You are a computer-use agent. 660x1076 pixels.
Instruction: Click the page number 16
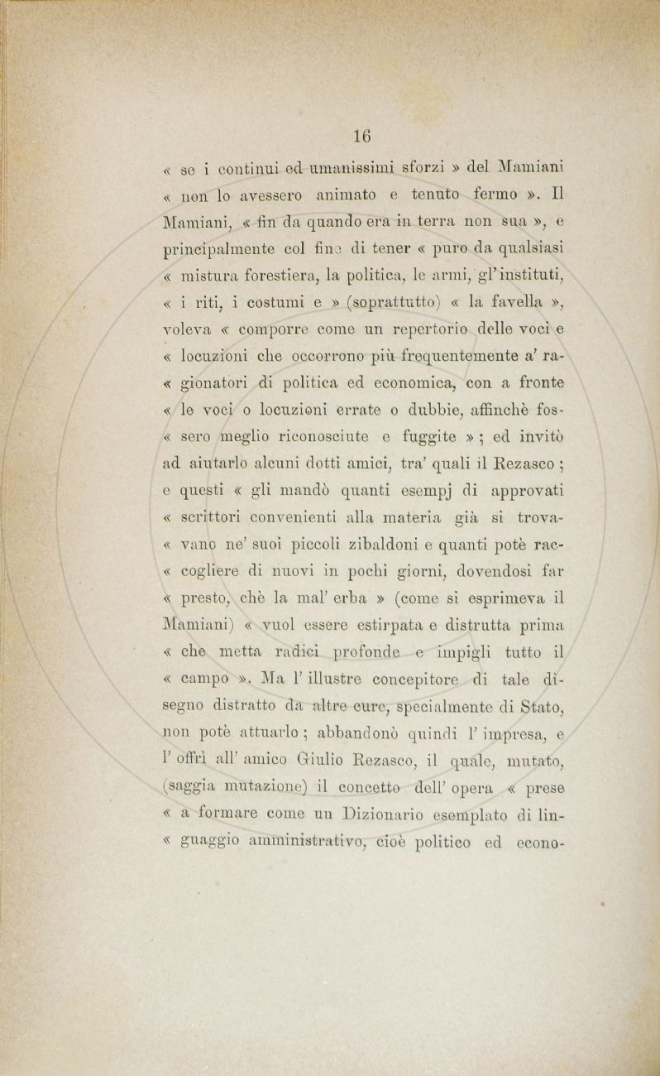pyautogui.click(x=361, y=136)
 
